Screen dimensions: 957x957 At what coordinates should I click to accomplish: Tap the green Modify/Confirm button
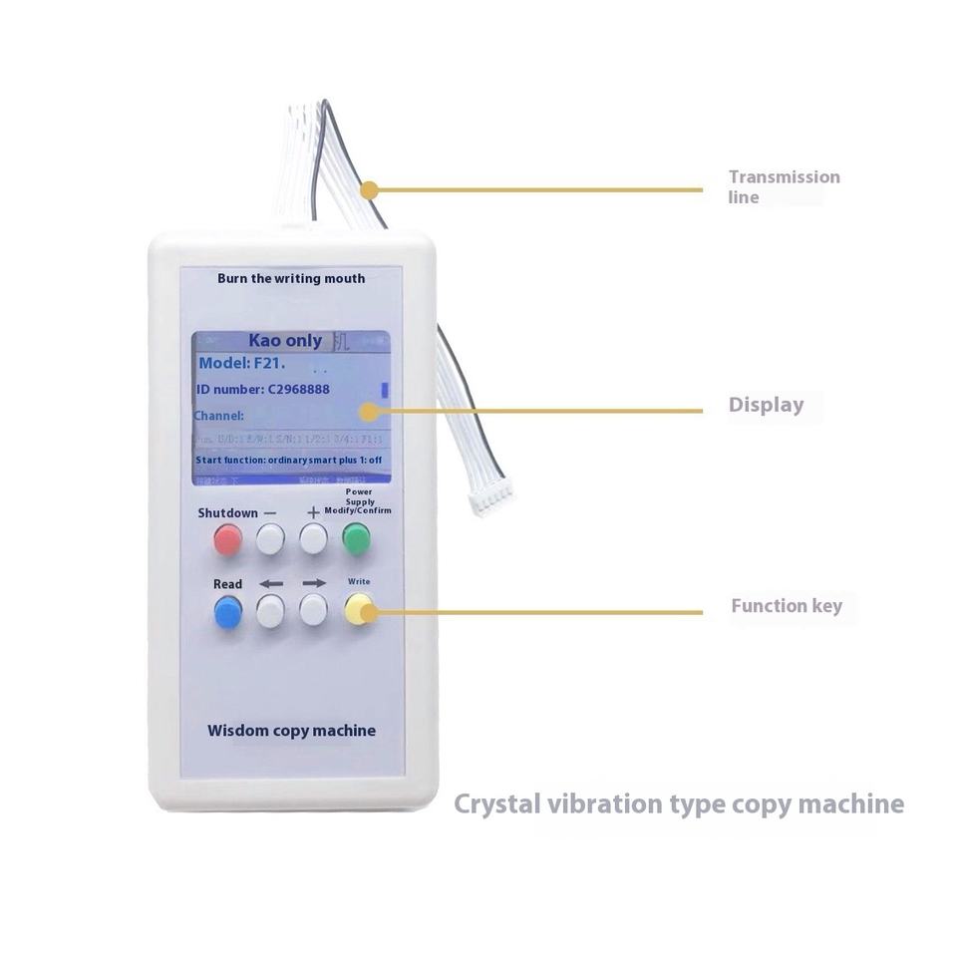[356, 539]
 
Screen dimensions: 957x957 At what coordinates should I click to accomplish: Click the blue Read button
[228, 611]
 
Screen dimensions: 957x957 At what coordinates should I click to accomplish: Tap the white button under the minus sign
[270, 539]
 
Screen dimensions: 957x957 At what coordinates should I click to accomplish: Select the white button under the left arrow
[270, 611]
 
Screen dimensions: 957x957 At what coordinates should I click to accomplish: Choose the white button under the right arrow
[314, 611]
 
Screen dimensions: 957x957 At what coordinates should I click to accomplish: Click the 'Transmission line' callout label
[784, 186]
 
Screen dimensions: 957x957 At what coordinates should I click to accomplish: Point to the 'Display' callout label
[766, 405]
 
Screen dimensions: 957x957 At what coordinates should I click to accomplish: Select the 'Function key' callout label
[786, 606]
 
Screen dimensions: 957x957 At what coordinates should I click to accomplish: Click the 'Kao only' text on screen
[285, 341]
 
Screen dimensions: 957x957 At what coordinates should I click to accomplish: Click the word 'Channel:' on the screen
[219, 415]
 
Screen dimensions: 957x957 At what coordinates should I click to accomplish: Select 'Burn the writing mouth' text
[291, 278]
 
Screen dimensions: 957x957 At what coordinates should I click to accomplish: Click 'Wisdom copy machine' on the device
[291, 731]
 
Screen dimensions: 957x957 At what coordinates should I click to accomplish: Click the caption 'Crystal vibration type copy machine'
[679, 803]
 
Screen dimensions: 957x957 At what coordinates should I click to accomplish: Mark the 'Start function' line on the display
[289, 460]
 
